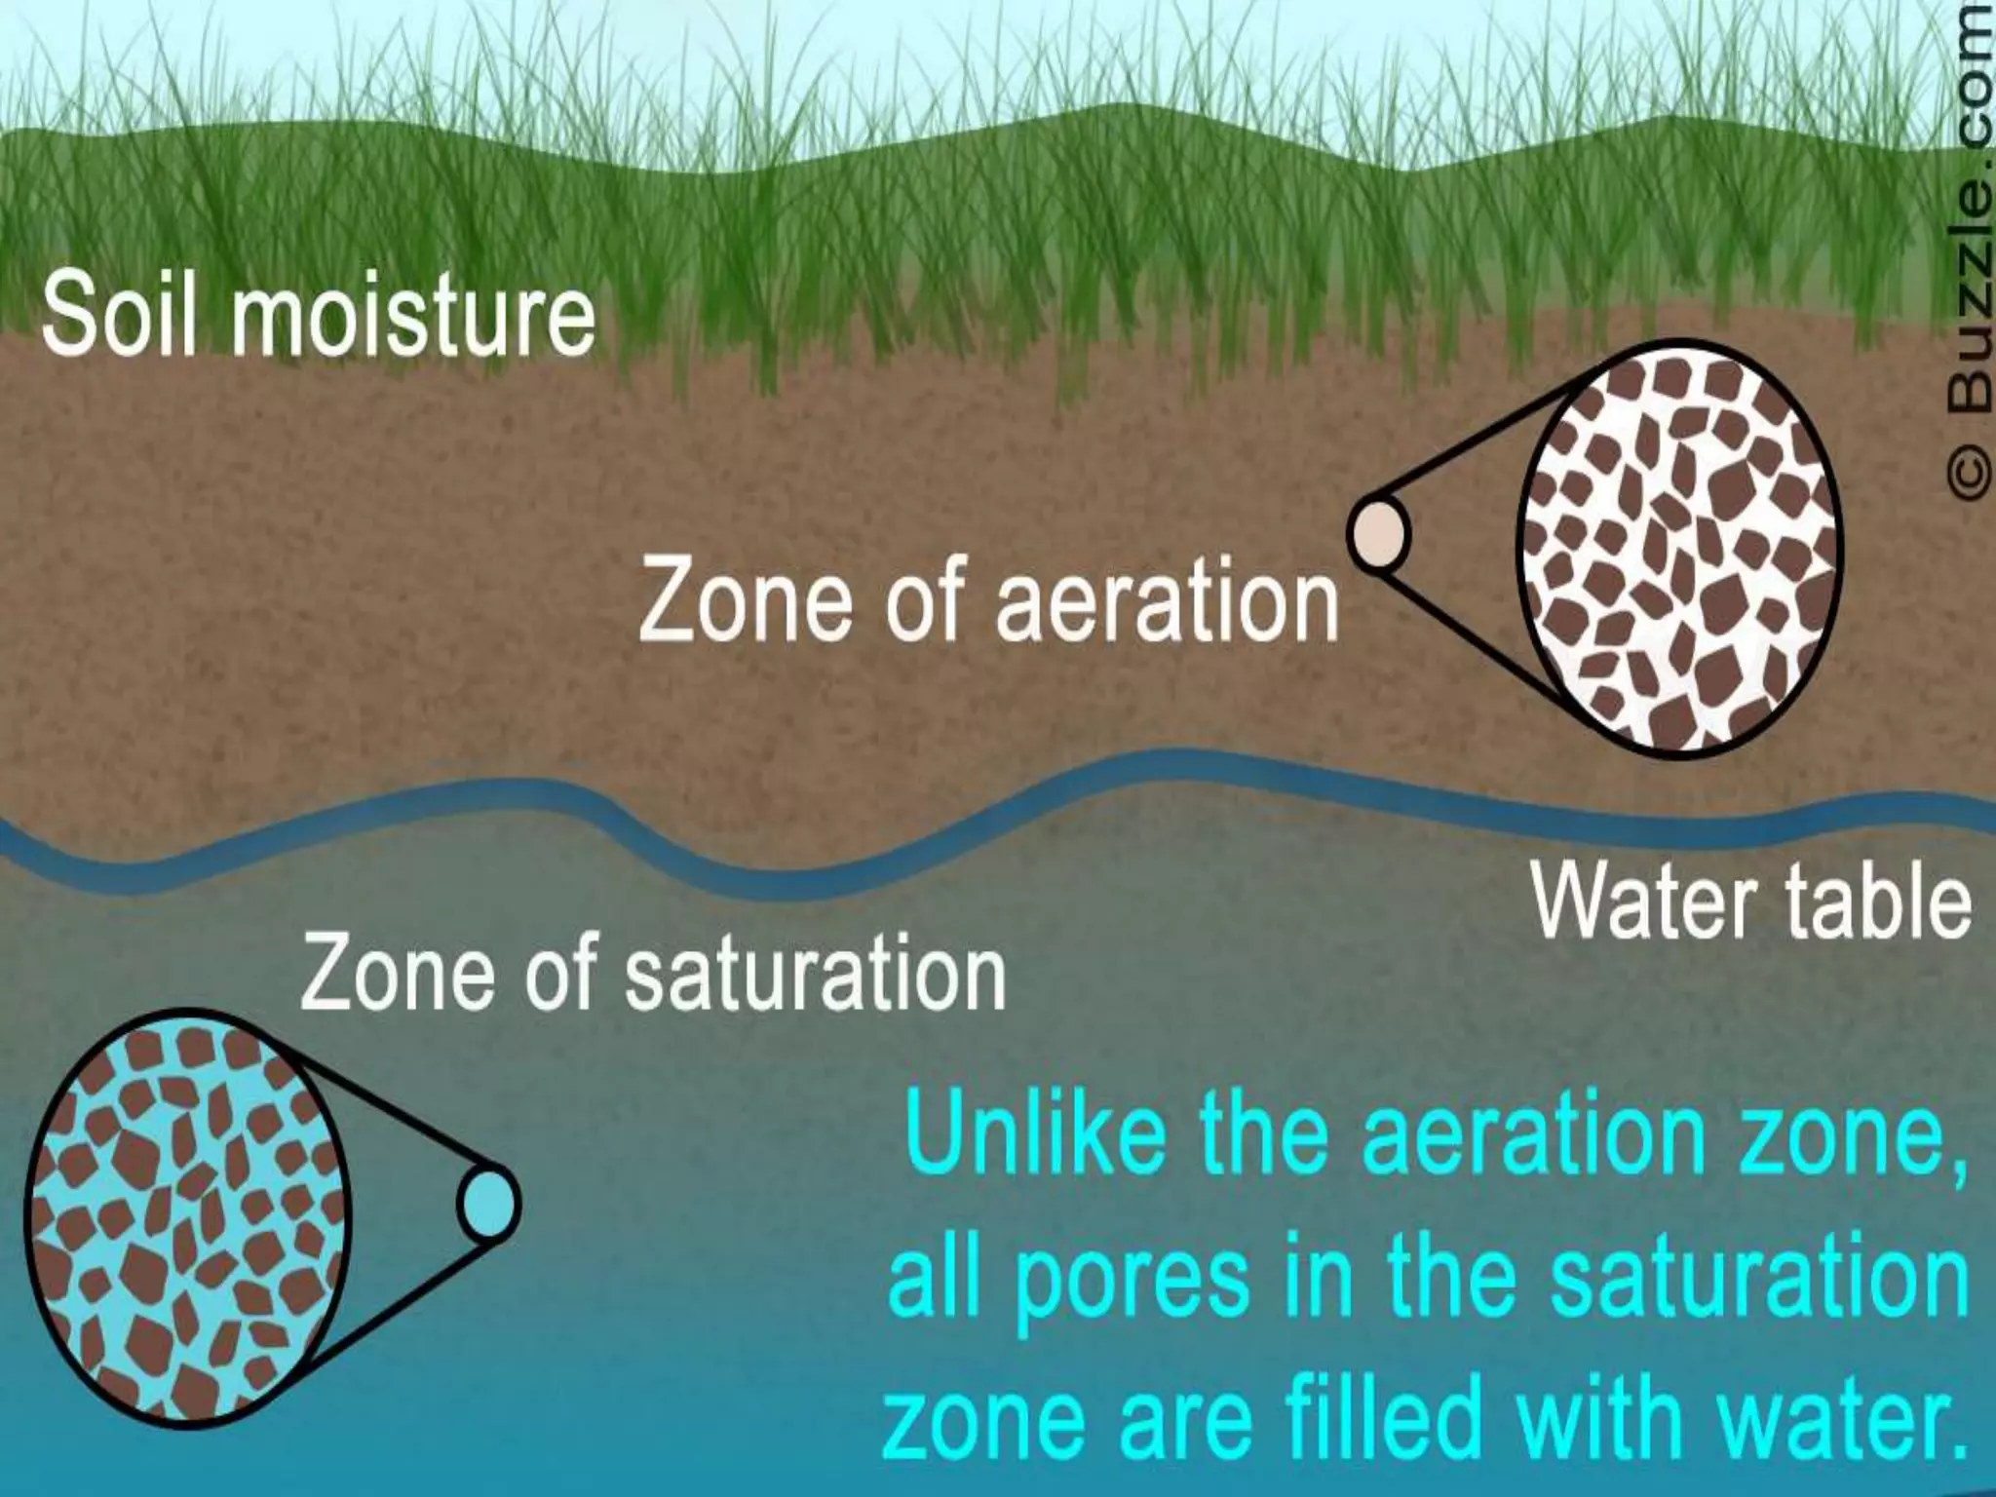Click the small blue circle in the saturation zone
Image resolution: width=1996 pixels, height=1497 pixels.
point(489,1205)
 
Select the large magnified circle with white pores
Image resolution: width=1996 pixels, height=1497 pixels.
point(1678,548)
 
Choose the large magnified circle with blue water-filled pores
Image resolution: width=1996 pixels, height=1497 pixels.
point(187,1218)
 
